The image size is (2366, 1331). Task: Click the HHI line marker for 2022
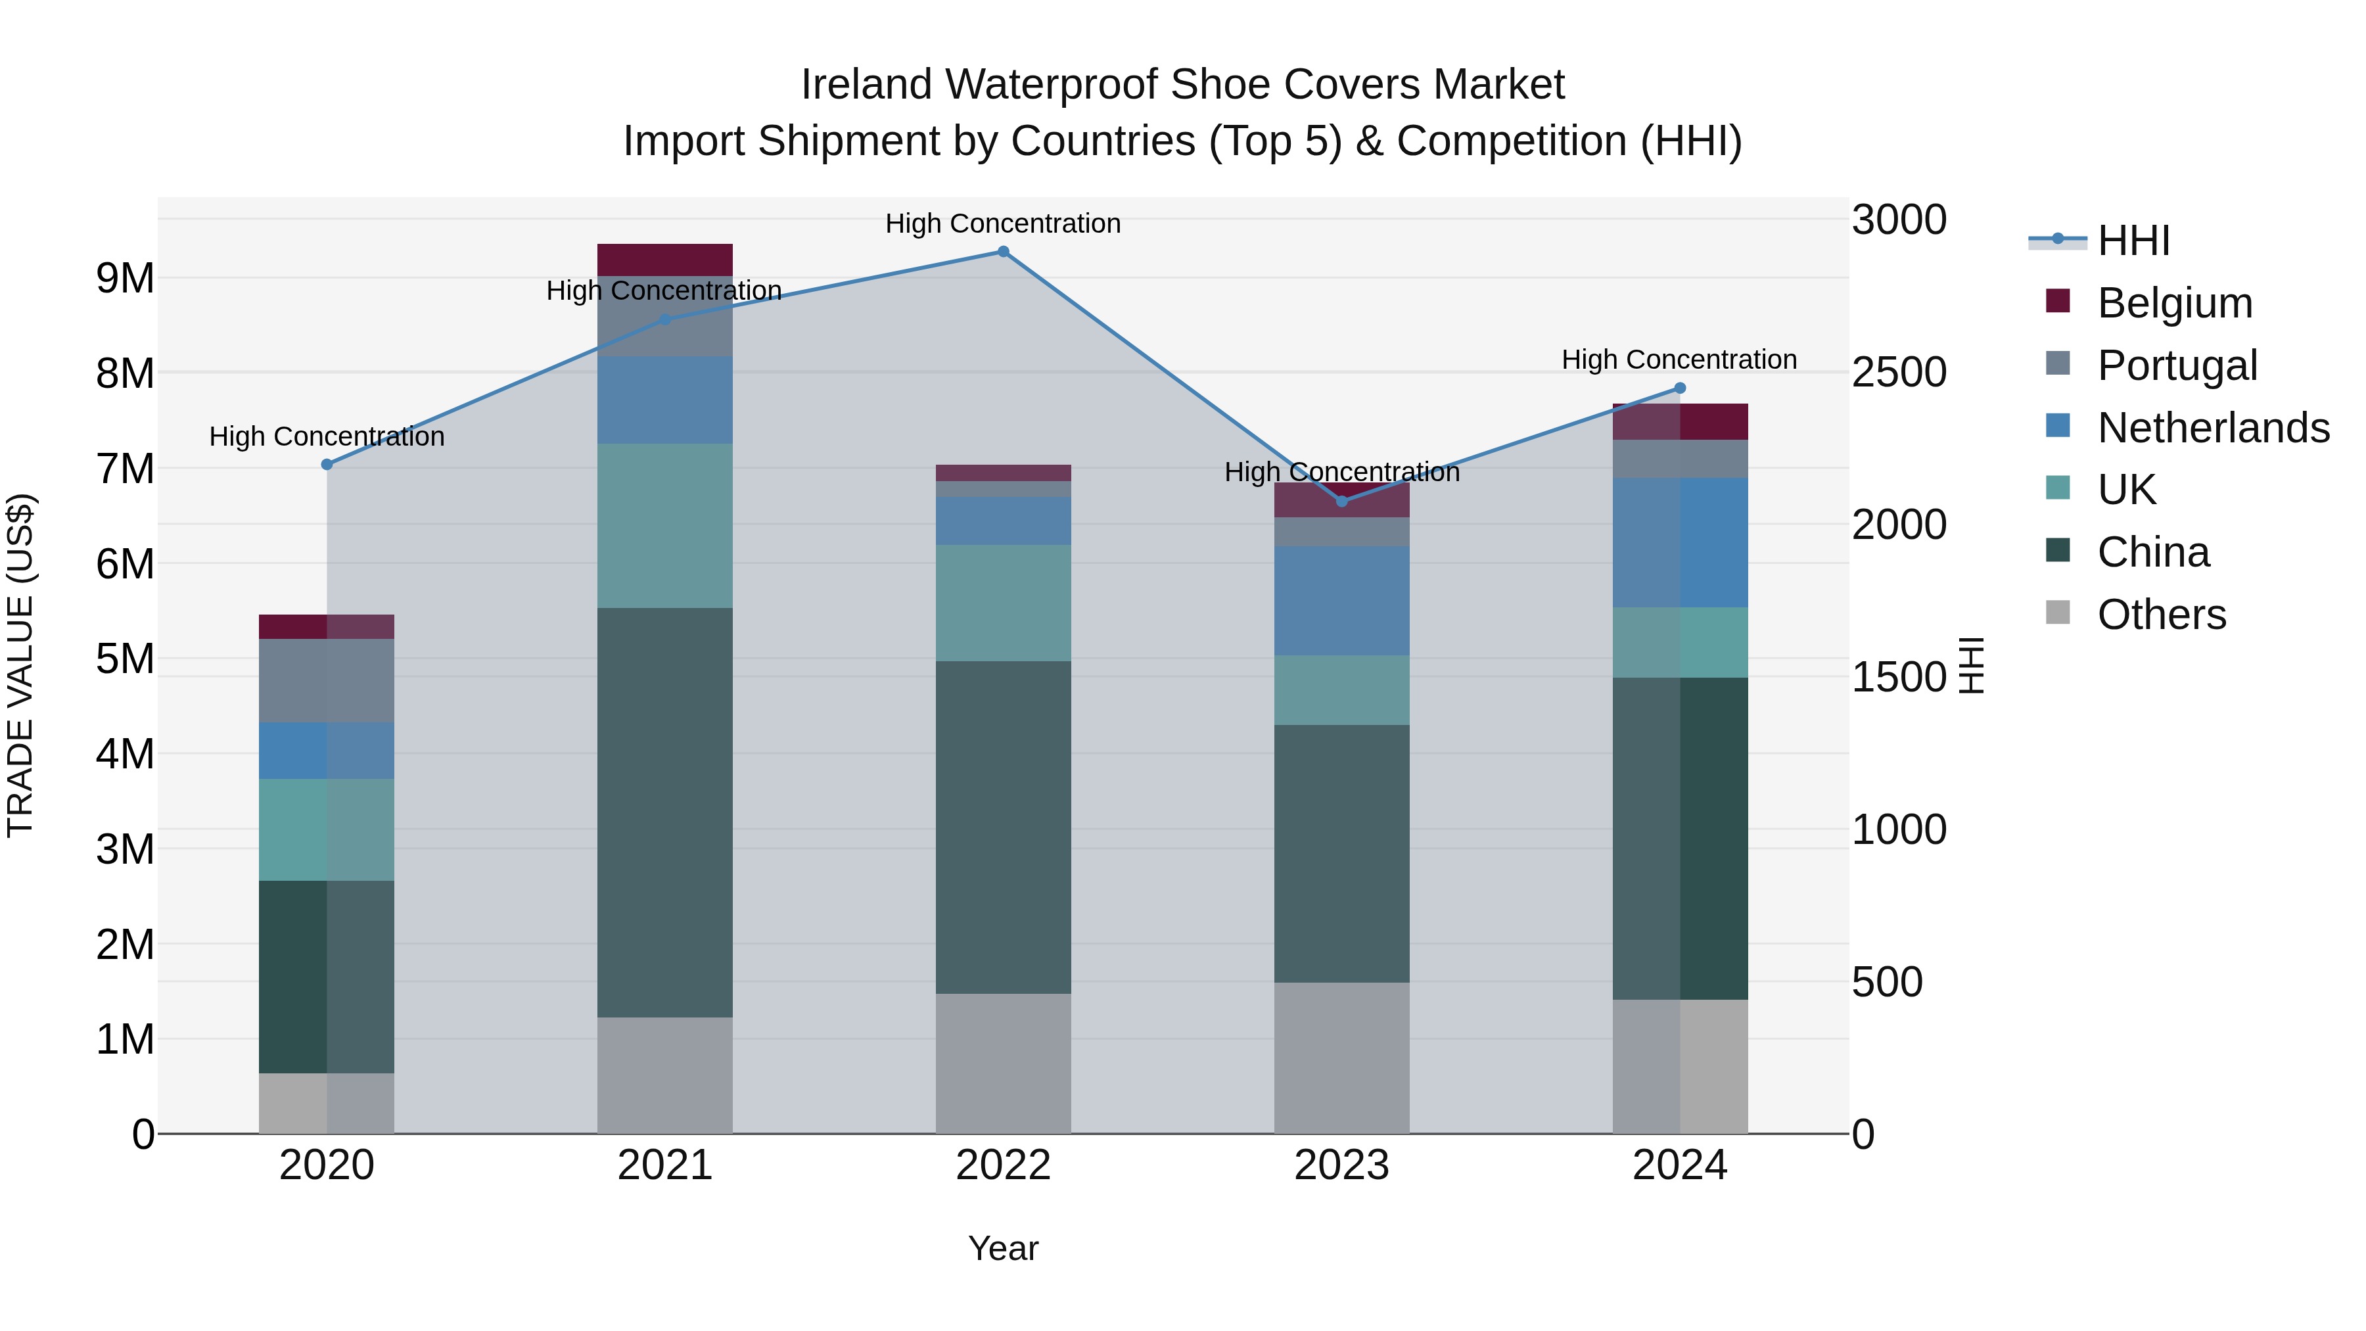click(1003, 252)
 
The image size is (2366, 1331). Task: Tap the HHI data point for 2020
click(327, 465)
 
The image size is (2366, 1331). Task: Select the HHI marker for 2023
click(1342, 502)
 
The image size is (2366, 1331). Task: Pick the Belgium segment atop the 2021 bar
click(665, 260)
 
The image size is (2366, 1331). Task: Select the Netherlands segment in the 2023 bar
click(1342, 601)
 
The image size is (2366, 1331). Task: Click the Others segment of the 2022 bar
click(1003, 1063)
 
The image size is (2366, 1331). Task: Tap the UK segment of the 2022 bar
click(1003, 603)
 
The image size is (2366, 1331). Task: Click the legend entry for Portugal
click(2177, 365)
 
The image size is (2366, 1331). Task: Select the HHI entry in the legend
click(2133, 241)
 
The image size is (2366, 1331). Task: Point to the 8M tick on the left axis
click(125, 374)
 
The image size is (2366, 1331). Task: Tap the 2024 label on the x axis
click(1680, 1165)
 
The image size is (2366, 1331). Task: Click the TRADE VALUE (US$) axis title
click(20, 665)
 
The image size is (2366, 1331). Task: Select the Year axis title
click(1003, 1248)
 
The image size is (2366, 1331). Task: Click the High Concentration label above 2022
click(1003, 223)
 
